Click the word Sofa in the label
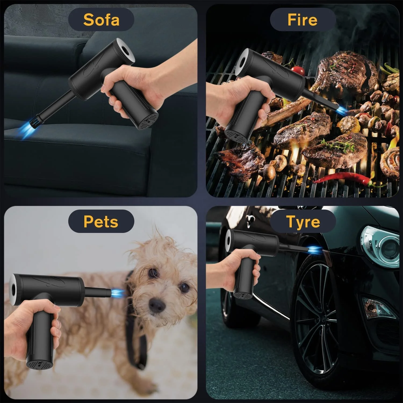[x=101, y=20]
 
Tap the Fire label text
[x=302, y=20]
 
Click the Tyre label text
[x=303, y=222]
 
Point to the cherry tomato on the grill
[x=298, y=70]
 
